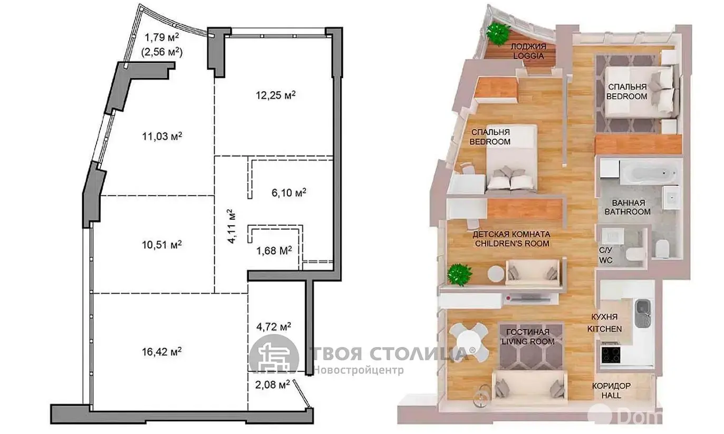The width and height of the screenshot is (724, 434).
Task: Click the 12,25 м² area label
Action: click(x=276, y=95)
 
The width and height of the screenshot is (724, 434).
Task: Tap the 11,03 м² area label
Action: click(x=162, y=136)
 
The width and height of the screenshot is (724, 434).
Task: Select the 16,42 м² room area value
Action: click(x=161, y=352)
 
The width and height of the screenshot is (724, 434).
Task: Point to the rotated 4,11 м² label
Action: click(x=231, y=226)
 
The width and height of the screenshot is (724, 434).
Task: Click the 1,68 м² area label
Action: click(x=274, y=250)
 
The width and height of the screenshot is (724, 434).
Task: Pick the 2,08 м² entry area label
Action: click(x=273, y=384)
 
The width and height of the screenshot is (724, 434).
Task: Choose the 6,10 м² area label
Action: click(x=289, y=192)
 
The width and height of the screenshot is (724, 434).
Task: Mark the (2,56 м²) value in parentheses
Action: click(x=162, y=52)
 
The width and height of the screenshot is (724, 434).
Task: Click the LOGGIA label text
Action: click(x=528, y=56)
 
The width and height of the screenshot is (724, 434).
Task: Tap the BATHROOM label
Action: click(x=628, y=211)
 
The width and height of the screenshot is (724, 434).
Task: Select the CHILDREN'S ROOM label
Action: click(x=512, y=243)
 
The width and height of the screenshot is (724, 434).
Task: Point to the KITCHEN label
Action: click(x=604, y=329)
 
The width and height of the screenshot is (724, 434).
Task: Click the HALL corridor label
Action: click(x=611, y=395)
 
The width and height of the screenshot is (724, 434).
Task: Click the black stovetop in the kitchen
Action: click(x=611, y=355)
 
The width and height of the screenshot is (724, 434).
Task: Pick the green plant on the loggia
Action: click(x=497, y=33)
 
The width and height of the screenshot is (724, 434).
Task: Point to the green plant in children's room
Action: click(x=459, y=275)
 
